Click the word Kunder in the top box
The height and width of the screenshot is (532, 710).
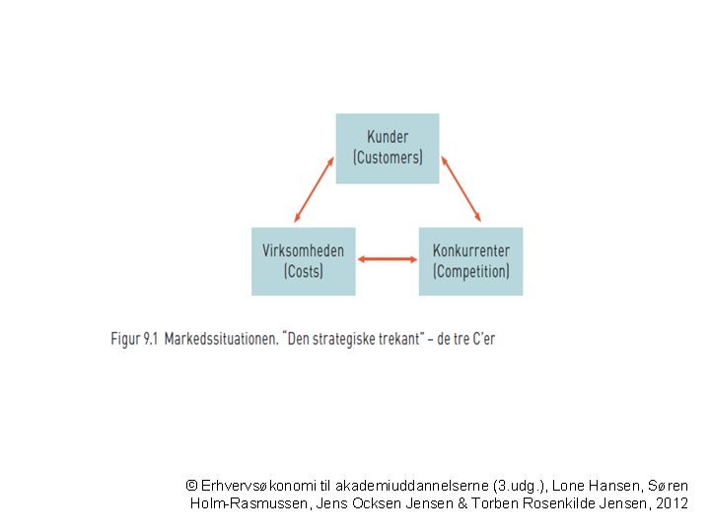(x=388, y=137)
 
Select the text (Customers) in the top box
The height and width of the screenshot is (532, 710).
(x=388, y=158)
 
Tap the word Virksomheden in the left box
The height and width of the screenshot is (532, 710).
(x=303, y=250)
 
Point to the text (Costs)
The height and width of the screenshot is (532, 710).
(x=304, y=272)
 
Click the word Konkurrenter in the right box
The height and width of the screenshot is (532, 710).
(x=471, y=250)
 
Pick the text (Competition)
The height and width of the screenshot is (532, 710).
(x=471, y=272)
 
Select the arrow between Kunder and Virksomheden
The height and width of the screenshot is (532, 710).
(x=314, y=189)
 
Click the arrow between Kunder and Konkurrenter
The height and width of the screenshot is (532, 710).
(x=461, y=189)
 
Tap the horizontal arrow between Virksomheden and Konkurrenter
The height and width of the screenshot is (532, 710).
(x=388, y=259)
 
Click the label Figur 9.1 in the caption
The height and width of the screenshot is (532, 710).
(x=134, y=339)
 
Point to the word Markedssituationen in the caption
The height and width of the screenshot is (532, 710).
(x=222, y=339)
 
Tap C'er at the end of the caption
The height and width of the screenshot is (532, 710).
(x=483, y=339)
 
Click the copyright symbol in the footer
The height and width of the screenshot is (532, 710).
(x=191, y=486)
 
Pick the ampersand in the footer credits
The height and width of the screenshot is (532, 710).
(x=462, y=503)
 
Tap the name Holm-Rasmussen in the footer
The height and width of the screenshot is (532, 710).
(x=250, y=503)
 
